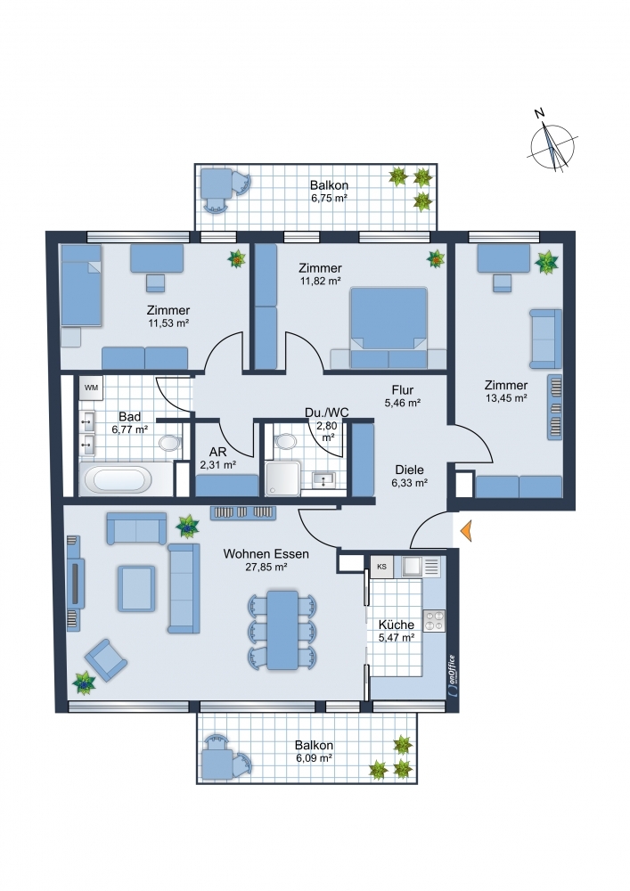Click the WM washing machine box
coord(91,388)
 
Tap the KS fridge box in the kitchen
coord(381,567)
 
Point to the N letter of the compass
coord(539,113)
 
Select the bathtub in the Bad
coord(119,479)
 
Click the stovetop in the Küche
coord(434,620)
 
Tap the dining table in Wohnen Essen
coord(282,630)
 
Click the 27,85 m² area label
coord(266,567)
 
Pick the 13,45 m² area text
coord(505,398)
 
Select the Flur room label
coord(402,390)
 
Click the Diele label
coord(409,470)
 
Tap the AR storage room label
coord(217,453)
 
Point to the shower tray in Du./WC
coord(283,478)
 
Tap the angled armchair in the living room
coord(106,659)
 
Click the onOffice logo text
coord(451,674)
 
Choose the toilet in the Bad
coord(169,443)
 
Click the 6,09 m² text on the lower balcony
coord(314,758)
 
